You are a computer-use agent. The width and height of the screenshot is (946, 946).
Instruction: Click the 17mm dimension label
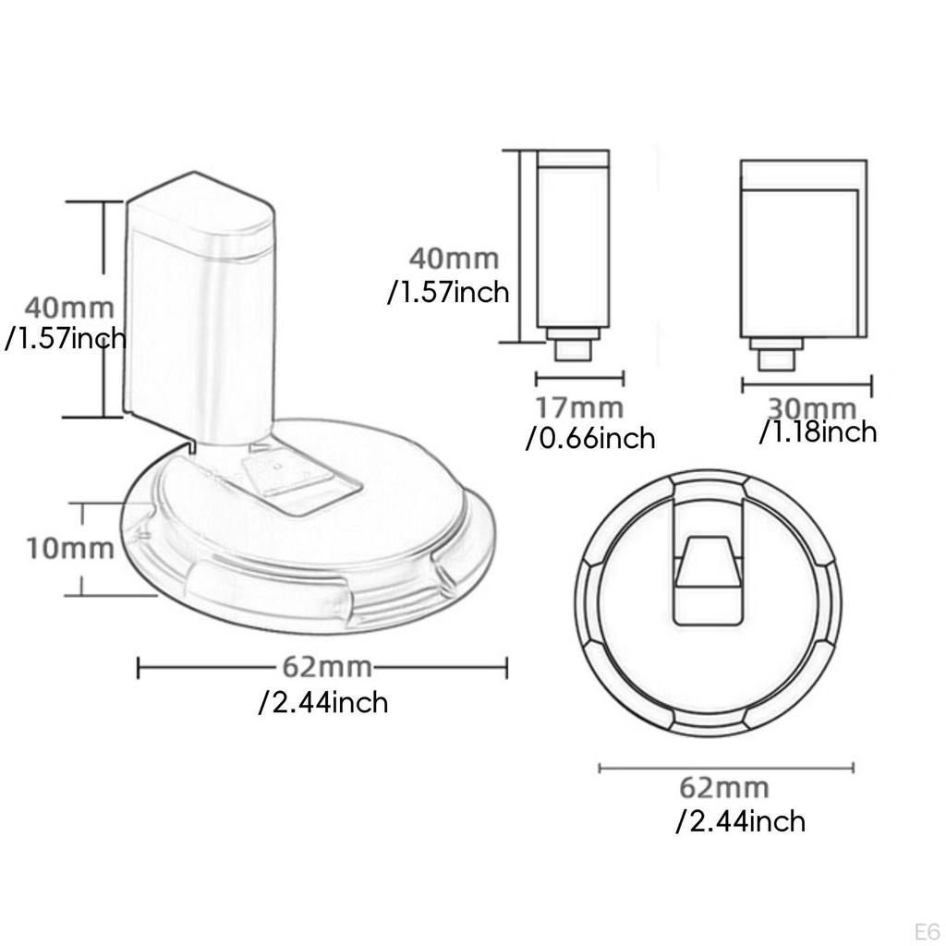coord(580,406)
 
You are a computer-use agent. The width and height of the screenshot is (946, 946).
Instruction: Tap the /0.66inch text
coord(590,437)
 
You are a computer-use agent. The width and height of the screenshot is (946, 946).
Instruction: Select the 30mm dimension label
coord(812,407)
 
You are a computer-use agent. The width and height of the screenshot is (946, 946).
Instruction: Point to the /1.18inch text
coord(818,431)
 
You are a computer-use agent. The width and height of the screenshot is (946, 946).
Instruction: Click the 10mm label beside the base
coord(70,548)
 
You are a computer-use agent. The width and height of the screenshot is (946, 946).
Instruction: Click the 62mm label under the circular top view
coord(724,788)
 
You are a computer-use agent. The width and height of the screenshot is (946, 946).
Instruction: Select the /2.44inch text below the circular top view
coord(740,820)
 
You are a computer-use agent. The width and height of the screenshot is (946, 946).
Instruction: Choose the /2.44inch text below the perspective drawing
coord(323,702)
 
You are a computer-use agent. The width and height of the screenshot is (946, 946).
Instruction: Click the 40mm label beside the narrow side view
coord(455,259)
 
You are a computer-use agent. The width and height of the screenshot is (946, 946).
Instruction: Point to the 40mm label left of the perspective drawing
coord(70,306)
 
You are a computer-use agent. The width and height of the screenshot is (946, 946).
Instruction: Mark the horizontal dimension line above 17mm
coord(580,377)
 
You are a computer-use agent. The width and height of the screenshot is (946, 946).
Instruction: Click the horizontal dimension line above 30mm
coord(807,382)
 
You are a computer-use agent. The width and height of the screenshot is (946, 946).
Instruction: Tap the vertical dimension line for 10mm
coord(84,549)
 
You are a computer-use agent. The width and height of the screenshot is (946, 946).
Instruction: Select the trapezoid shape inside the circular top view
coord(707,564)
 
